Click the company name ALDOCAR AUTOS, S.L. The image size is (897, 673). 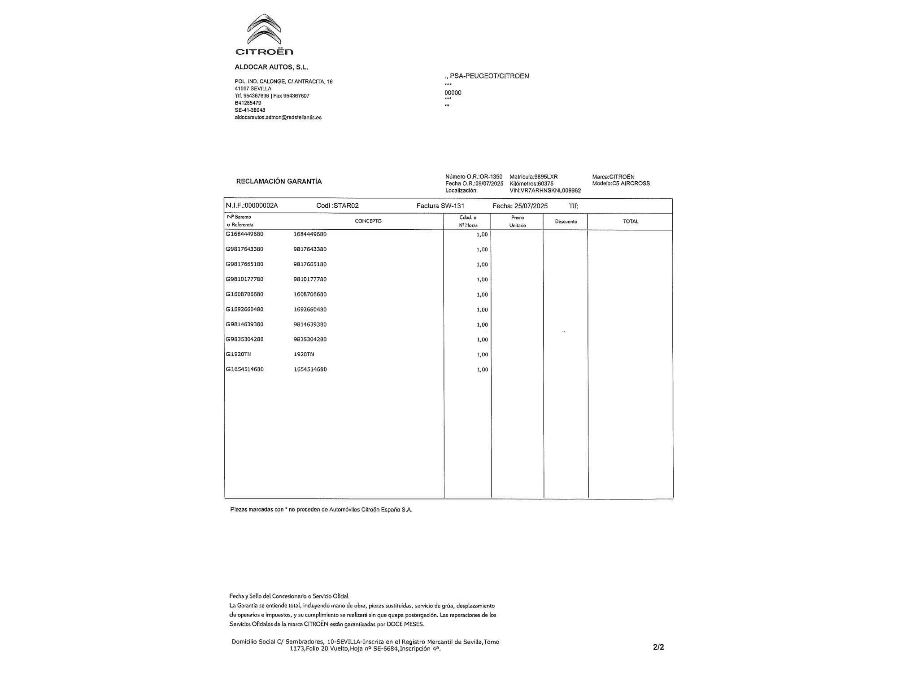[x=271, y=67]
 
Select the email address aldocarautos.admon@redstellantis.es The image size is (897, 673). [x=278, y=118]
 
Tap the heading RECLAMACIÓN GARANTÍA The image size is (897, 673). [x=279, y=181]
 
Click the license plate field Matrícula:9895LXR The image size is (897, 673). [x=534, y=177]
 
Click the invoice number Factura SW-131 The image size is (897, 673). [x=440, y=206]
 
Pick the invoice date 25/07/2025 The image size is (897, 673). [x=531, y=206]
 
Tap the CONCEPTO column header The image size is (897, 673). [x=368, y=221]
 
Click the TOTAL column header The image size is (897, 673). [x=631, y=221]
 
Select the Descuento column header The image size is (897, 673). [x=566, y=222]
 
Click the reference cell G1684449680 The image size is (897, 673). [x=244, y=234]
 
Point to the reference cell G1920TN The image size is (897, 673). [x=238, y=354]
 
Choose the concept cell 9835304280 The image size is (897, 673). [x=310, y=339]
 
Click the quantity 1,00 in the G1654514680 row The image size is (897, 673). [x=482, y=370]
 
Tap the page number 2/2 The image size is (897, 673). [x=658, y=647]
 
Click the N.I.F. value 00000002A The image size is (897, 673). [x=260, y=205]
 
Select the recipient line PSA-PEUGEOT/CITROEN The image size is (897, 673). [x=489, y=76]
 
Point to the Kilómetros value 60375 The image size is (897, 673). [x=546, y=184]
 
